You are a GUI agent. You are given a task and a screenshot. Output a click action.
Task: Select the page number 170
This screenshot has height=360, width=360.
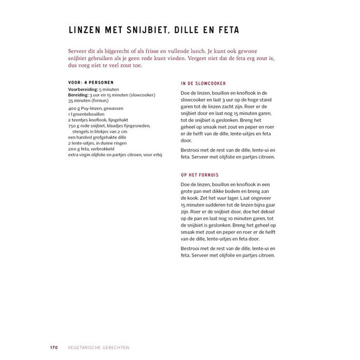tap(54, 348)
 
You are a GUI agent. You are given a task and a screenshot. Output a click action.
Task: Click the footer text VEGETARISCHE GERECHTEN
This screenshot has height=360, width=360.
tap(98, 348)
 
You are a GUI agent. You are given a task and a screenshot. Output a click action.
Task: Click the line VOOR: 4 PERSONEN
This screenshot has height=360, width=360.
tap(91, 82)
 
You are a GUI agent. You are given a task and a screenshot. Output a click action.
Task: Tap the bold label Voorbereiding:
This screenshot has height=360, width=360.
tap(83, 89)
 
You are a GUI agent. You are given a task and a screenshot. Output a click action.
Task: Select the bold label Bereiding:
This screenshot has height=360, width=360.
tap(78, 95)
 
